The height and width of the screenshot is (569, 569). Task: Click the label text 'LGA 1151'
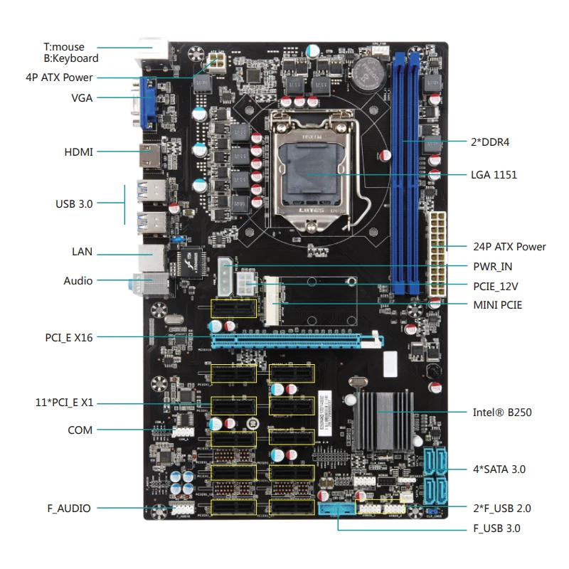pos(494,175)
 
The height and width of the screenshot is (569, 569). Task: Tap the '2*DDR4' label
pos(490,142)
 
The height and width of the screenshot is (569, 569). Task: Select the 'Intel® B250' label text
pos(502,413)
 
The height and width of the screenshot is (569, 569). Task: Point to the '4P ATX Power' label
pos(59,78)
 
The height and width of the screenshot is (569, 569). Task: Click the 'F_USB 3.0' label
pos(496,528)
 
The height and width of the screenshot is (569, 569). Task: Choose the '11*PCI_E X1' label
pos(64,403)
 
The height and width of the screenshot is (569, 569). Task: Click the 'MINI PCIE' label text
pos(497,305)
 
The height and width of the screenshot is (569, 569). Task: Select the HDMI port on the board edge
pos(150,156)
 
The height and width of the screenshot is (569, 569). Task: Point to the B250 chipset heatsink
pos(383,420)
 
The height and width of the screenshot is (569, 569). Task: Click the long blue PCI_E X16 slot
pos(297,341)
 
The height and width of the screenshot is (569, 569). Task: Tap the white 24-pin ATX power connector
pos(437,254)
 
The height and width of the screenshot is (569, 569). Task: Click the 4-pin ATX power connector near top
pos(217,62)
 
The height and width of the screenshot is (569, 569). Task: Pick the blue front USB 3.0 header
pos(336,508)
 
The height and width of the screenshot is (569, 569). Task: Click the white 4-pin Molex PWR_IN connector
pos(225,277)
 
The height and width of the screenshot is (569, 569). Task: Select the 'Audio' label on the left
pos(78,281)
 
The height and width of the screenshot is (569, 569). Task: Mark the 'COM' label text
pos(80,430)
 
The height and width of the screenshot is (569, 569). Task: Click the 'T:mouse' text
pos(64,47)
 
